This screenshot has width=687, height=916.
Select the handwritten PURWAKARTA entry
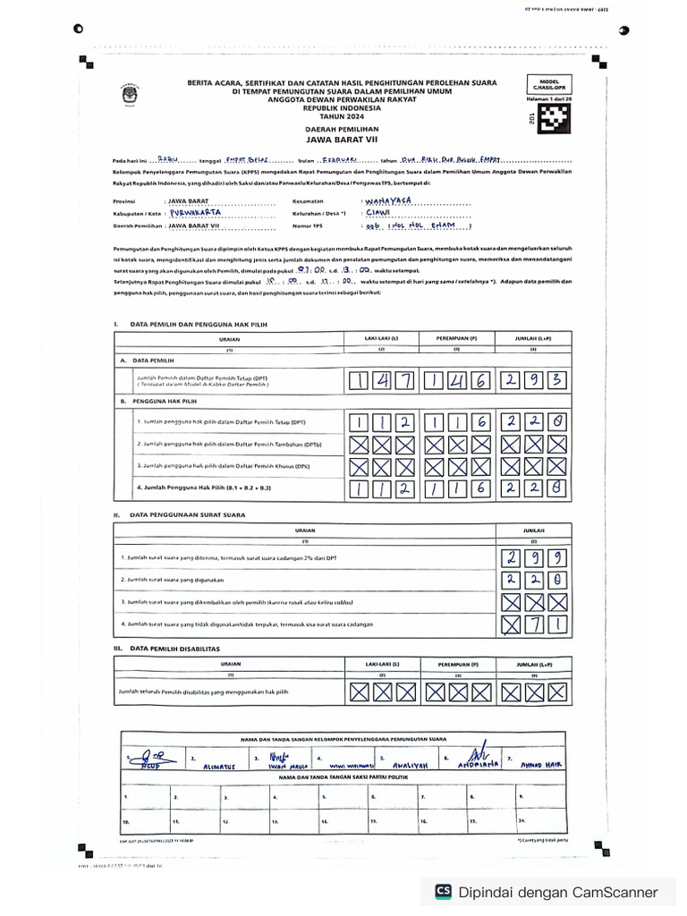pyautogui.click(x=194, y=214)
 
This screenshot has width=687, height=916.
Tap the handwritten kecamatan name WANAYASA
pyautogui.click(x=390, y=202)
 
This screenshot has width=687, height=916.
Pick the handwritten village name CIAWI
pyautogui.click(x=377, y=214)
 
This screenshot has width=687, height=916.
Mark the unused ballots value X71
pyautogui.click(x=533, y=623)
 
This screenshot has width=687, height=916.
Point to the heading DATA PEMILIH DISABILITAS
pyautogui.click(x=175, y=648)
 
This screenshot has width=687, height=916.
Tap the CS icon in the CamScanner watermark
pyautogui.click(x=443, y=891)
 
